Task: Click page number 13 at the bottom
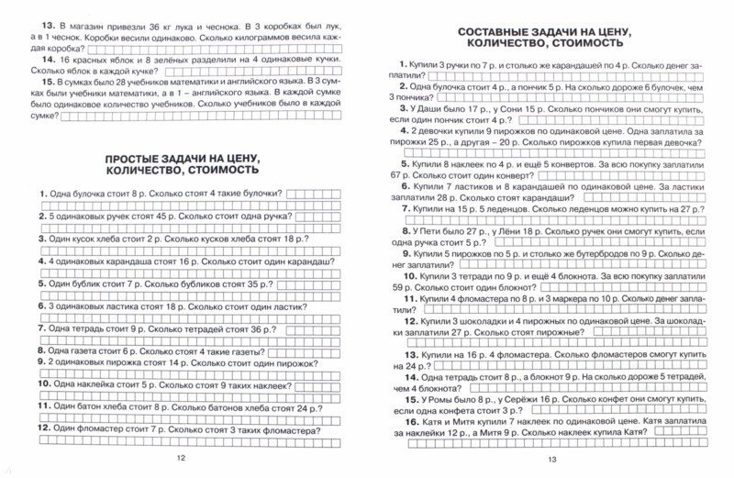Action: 551,459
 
